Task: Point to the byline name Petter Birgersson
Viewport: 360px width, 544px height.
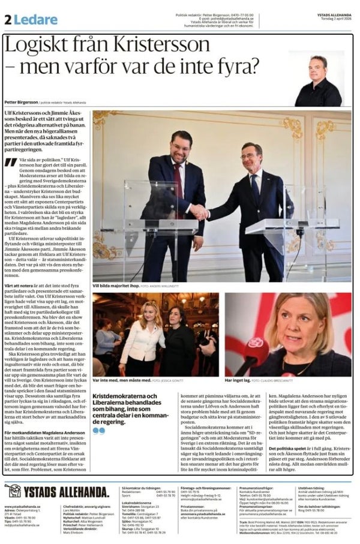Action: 20,103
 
